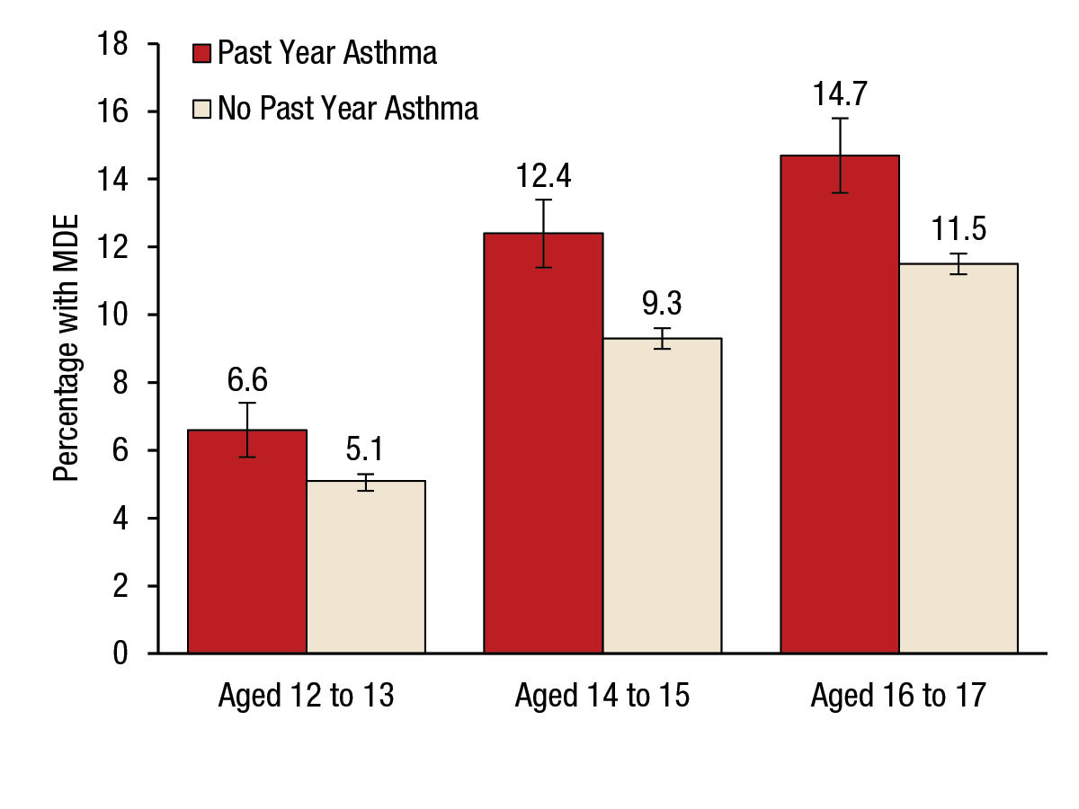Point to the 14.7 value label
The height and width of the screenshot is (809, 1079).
840,93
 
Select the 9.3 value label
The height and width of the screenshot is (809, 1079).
662,303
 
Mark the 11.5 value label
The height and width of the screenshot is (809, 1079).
959,228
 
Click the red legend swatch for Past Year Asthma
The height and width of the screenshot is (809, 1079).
202,54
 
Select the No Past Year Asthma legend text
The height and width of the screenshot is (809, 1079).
348,109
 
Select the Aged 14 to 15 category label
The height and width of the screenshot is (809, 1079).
602,697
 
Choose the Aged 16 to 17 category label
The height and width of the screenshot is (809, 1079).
898,697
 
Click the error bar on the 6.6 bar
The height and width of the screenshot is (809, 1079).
247,430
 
